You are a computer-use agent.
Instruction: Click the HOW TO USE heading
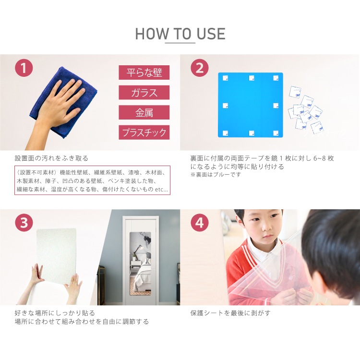(180, 34)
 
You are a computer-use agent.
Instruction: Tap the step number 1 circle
(24, 68)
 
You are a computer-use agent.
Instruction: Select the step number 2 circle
(200, 68)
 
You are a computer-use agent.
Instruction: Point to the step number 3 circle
(24, 223)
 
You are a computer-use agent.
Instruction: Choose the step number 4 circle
(200, 223)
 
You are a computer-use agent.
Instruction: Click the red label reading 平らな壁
(144, 72)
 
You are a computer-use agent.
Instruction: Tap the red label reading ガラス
(144, 93)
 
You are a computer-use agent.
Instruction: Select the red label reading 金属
(144, 112)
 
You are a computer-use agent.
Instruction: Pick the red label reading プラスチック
(144, 132)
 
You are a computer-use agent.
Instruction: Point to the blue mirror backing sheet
(251, 105)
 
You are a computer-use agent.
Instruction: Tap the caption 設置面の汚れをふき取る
(51, 158)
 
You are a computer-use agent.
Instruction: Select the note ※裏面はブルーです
(216, 175)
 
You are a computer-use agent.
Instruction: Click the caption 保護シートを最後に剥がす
(230, 313)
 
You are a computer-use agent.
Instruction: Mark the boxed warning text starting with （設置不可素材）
(92, 180)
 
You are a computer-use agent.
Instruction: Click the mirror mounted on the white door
(140, 264)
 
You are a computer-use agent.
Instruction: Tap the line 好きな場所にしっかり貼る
(55, 313)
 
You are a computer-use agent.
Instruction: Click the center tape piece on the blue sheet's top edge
(252, 78)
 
